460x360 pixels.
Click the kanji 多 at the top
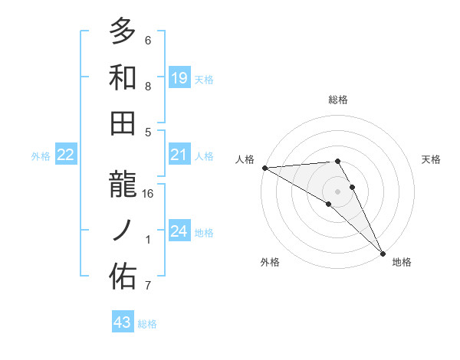(123, 33)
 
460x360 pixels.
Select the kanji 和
(123, 77)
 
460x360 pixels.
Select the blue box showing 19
(179, 77)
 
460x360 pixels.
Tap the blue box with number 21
(179, 155)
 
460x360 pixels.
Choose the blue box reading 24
(179, 231)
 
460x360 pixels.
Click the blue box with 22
(66, 155)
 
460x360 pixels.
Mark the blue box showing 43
(123, 323)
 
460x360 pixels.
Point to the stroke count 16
(148, 194)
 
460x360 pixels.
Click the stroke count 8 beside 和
(148, 87)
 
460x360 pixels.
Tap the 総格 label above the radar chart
(338, 100)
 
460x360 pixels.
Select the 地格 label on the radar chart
(402, 262)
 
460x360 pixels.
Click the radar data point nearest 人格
(264, 168)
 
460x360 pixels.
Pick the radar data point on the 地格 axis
(382, 253)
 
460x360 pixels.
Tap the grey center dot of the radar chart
(338, 190)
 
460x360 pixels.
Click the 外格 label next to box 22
(41, 156)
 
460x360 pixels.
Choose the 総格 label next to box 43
(147, 324)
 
